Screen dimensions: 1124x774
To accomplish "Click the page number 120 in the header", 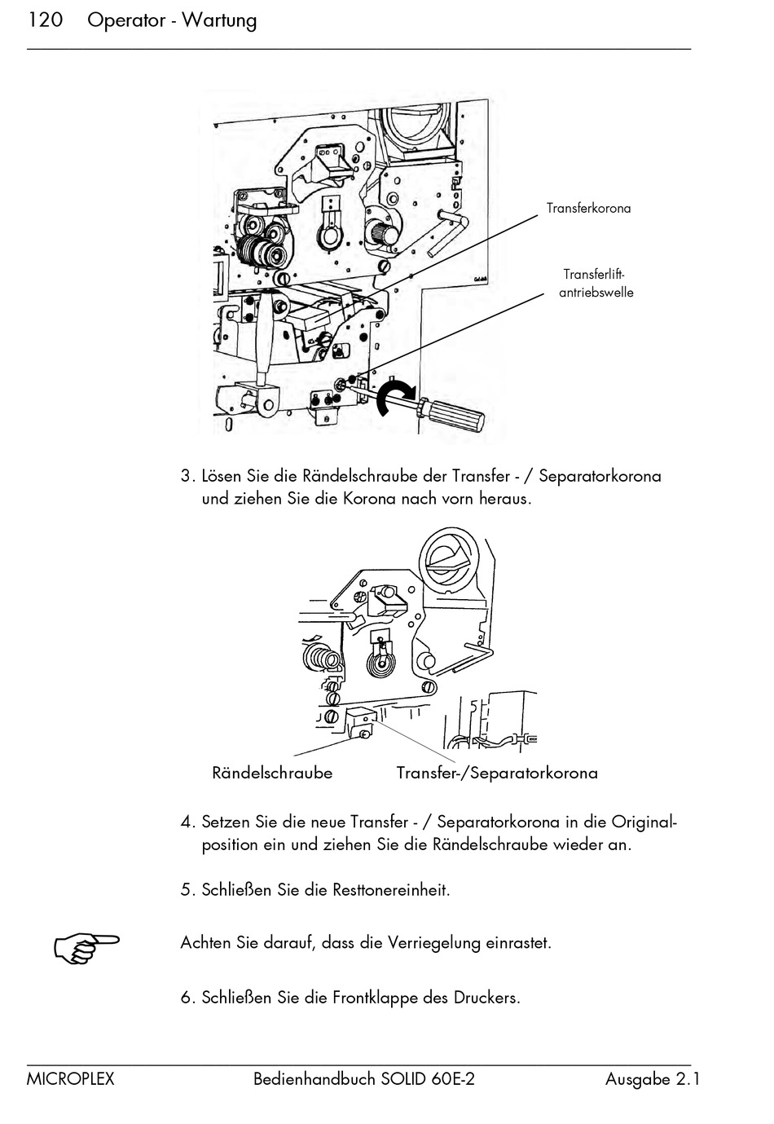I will pyautogui.click(x=46, y=20).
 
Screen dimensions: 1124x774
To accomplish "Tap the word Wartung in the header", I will pyautogui.click(x=219, y=21).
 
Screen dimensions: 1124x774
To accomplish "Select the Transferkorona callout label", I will pyautogui.click(x=588, y=209).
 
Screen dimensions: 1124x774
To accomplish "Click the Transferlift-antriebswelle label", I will pyautogui.click(x=596, y=284).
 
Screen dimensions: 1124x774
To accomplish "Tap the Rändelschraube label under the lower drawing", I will pyautogui.click(x=272, y=773).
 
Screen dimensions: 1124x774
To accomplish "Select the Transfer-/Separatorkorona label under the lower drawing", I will pyautogui.click(x=497, y=773).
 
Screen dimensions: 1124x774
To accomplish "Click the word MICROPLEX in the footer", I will pyautogui.click(x=71, y=1080).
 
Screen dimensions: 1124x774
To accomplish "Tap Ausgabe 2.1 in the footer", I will pyautogui.click(x=653, y=1080).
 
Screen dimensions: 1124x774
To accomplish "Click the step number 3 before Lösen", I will pyautogui.click(x=187, y=476).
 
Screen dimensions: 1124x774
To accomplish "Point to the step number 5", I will pyautogui.click(x=187, y=889).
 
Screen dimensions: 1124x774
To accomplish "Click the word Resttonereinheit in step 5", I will pyautogui.click(x=391, y=889).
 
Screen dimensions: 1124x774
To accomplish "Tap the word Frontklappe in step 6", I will pyautogui.click(x=375, y=998).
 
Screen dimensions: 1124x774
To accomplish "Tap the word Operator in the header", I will pyautogui.click(x=126, y=21).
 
